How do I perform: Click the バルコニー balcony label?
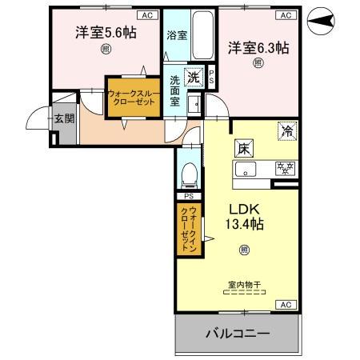click(x=239, y=332)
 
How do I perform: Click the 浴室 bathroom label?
click(x=176, y=36)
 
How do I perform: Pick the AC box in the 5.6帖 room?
click(x=147, y=14)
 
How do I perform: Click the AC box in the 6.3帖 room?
click(x=283, y=14)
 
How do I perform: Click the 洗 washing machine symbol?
click(x=193, y=78)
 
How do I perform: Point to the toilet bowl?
click(x=189, y=174)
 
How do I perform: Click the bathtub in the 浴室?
click(x=203, y=35)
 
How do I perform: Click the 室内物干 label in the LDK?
click(x=245, y=283)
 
